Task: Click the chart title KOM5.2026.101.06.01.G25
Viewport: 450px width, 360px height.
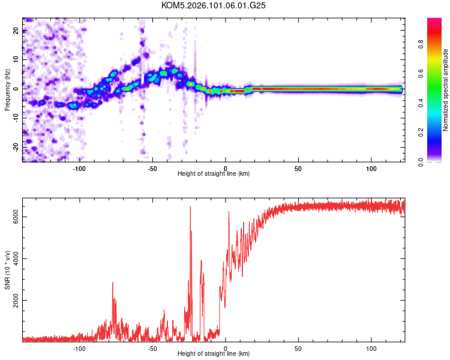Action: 214,5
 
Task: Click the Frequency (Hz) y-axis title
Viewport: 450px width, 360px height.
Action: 7,89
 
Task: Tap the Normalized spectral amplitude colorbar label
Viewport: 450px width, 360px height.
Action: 445,90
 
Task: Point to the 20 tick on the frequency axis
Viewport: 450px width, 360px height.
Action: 16,31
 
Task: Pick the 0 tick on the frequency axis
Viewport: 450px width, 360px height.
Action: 16,89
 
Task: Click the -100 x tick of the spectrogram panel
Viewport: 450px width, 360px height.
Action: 80,168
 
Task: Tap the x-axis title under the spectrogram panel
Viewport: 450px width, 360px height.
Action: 214,174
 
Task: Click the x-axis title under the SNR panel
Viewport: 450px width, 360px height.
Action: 214,354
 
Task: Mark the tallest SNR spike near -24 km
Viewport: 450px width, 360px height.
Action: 190,207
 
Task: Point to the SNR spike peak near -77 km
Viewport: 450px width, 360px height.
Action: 113,283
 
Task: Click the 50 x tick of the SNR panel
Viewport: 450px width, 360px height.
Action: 298,348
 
